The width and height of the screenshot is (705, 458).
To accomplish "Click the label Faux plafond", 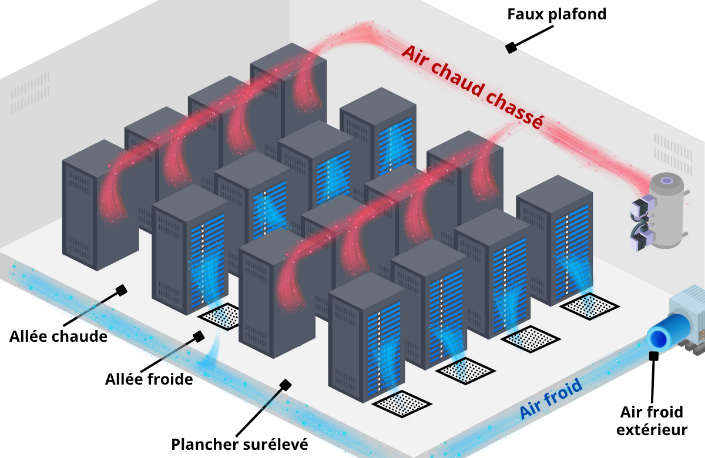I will click(556, 13).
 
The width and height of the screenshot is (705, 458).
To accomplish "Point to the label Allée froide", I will click(149, 379).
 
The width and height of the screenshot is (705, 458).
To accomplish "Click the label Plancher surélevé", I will click(239, 443).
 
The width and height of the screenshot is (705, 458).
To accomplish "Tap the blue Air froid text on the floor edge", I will click(550, 399).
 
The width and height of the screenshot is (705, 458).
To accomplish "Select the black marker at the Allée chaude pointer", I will click(122, 290).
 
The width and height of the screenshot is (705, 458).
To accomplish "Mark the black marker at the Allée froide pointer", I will click(199, 336).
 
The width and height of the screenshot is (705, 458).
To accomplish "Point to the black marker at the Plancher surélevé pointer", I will click(286, 385).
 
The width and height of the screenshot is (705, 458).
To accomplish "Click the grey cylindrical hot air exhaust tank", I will click(667, 211).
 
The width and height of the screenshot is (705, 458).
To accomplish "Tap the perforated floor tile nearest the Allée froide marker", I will click(220, 316).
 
